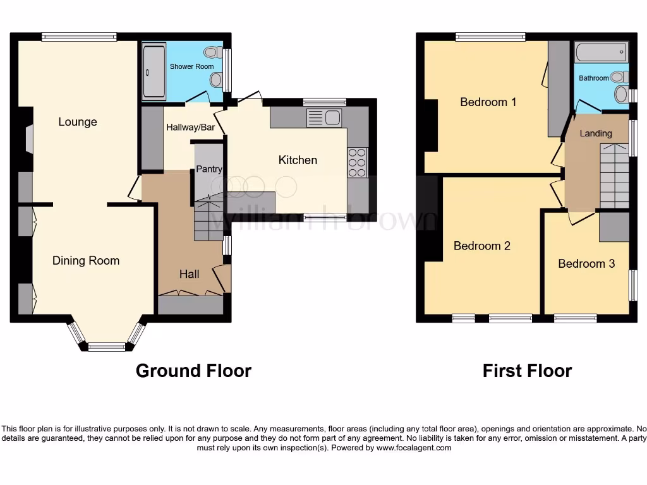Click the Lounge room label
[78, 122]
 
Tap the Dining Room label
[86, 260]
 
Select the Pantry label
[209, 169]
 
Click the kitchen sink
[323, 118]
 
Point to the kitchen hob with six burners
[357, 162]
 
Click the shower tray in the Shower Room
[154, 71]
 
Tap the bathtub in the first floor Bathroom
[601, 52]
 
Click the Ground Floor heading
[193, 371]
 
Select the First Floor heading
[527, 371]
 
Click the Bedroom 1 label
[488, 102]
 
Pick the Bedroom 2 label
[481, 246]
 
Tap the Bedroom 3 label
[586, 263]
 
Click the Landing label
[596, 133]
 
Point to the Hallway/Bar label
[190, 127]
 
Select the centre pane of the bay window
[107, 346]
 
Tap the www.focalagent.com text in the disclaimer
[414, 448]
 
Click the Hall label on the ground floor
[189, 273]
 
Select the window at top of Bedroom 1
[490, 37]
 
